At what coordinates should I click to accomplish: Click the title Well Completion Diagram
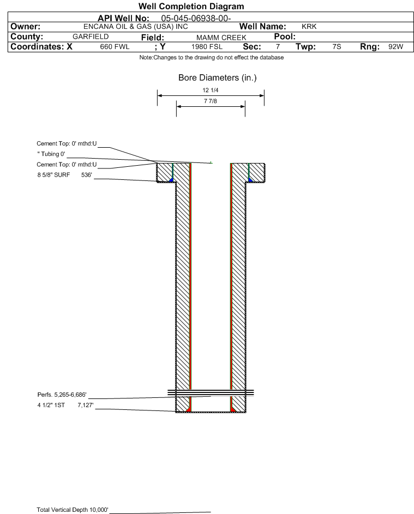point(191,7)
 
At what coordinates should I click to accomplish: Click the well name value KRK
point(309,27)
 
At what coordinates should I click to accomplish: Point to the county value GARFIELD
point(91,37)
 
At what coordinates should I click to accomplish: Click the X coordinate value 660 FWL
point(115,47)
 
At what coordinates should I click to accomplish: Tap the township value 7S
point(337,47)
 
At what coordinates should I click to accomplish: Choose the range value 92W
point(395,47)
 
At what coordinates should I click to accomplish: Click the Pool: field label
point(284,37)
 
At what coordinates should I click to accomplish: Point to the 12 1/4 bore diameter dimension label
point(211,90)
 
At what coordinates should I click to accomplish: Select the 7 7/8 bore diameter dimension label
point(211,101)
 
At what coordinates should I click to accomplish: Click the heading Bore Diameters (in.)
point(217,78)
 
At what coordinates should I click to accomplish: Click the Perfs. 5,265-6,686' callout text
point(62,394)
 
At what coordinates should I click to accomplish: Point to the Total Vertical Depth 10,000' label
point(73,510)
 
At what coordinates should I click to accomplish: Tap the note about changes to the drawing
point(211,58)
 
